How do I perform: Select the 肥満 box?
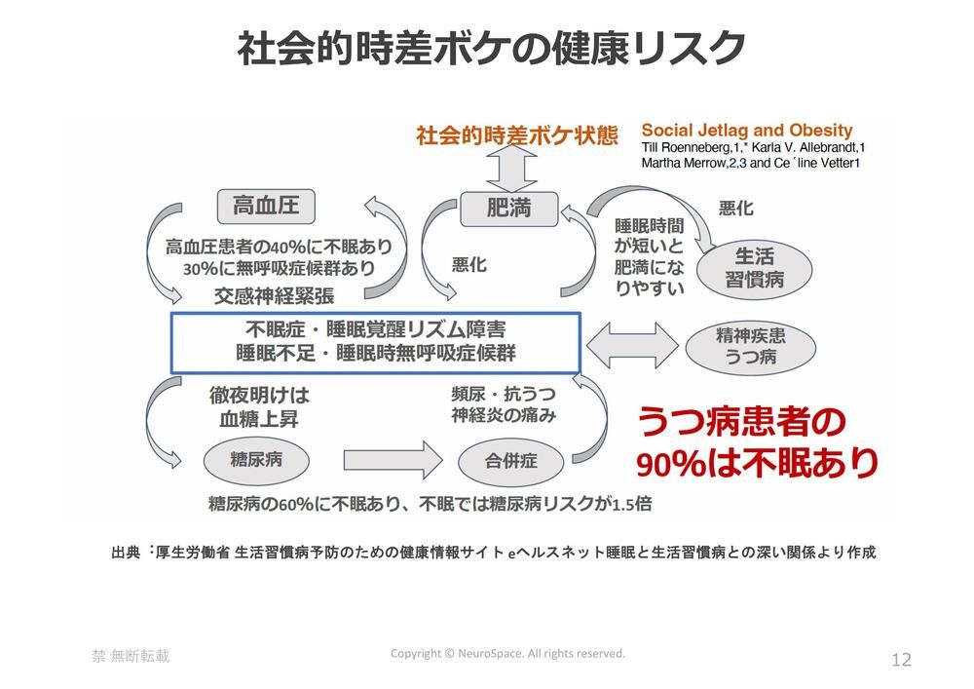tap(508, 207)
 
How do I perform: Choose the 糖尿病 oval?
tap(256, 458)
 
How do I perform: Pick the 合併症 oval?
tap(511, 459)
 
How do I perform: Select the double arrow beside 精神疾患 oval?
tap(632, 343)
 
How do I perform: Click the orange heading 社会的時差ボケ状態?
tap(516, 135)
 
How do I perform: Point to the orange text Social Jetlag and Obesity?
tap(746, 131)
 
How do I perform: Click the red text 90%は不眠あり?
tap(758, 463)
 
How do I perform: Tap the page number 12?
tap(901, 660)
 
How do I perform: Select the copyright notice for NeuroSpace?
tap(507, 653)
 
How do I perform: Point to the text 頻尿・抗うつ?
tap(503, 395)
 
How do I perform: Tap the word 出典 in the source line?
tap(127, 553)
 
